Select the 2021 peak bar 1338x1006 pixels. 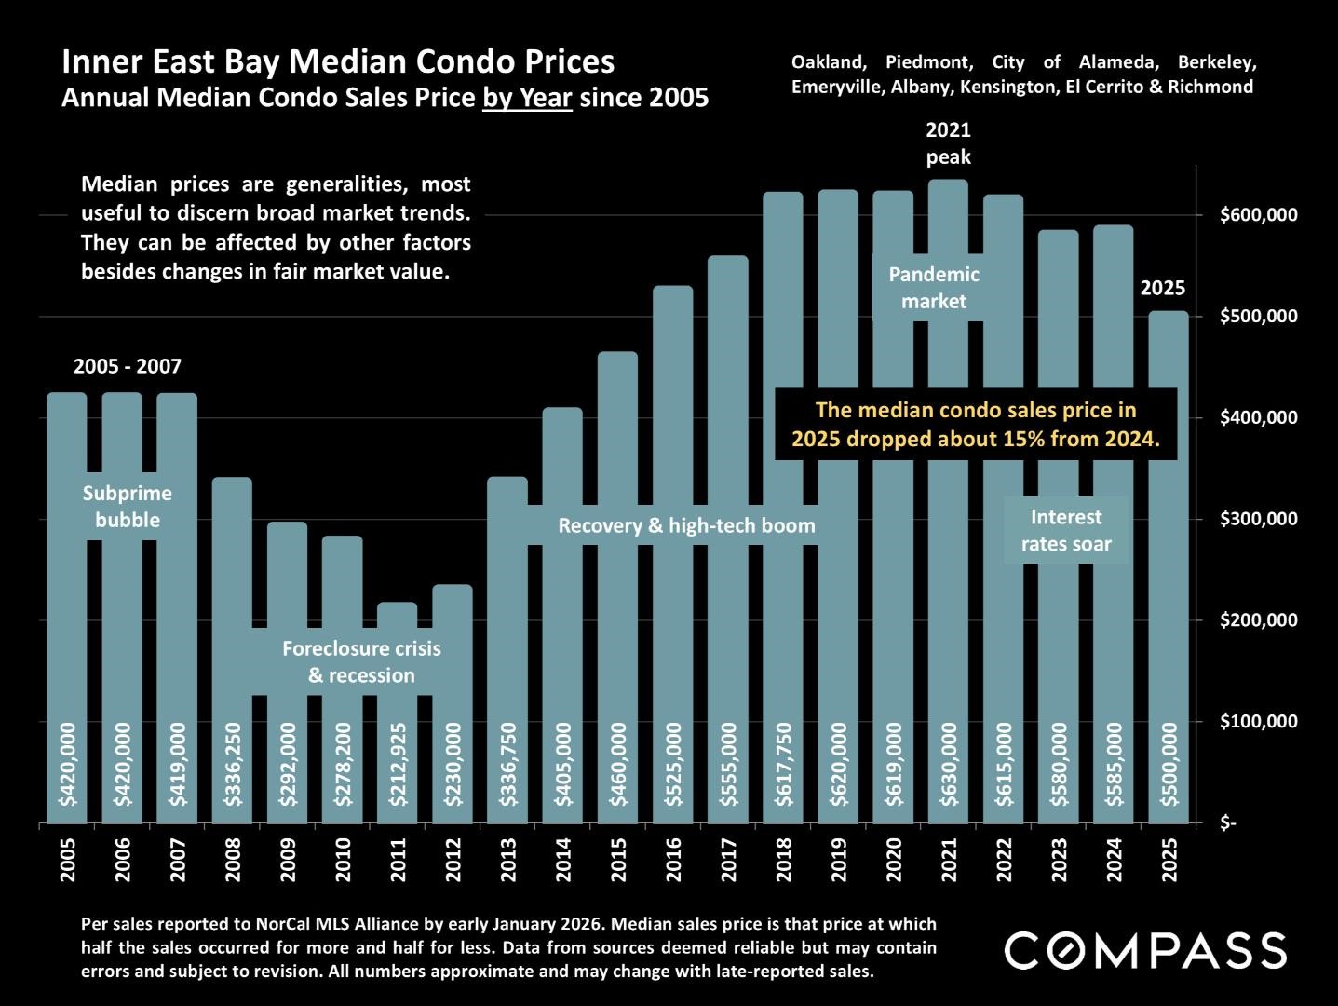(x=948, y=559)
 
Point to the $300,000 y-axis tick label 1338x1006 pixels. (x=1257, y=519)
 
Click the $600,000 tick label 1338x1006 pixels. (x=1257, y=215)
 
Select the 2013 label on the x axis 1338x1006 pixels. (x=508, y=859)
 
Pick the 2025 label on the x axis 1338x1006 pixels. (x=1169, y=859)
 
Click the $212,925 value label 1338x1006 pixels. (x=399, y=764)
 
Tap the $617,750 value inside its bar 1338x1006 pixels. (x=784, y=764)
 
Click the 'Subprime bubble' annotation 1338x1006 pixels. (x=128, y=507)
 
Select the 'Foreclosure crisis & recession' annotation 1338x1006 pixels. (x=361, y=661)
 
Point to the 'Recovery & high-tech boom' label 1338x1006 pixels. (x=686, y=526)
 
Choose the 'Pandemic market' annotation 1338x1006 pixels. (x=934, y=288)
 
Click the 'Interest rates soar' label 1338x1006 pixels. (x=1066, y=530)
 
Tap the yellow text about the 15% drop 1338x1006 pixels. (x=976, y=424)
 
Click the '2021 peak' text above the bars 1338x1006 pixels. (x=948, y=143)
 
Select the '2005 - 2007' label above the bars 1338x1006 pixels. (x=128, y=367)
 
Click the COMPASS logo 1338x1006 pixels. (x=1145, y=950)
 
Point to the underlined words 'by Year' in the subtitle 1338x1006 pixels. (x=527, y=97)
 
